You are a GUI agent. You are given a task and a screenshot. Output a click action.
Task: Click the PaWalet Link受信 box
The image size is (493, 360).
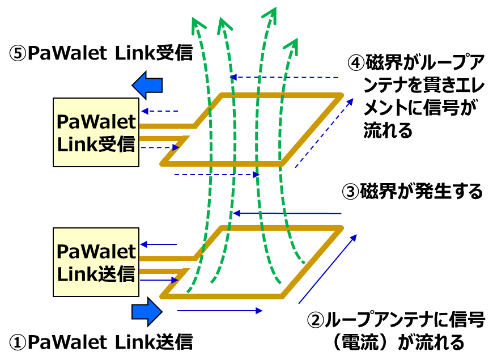pyautogui.click(x=96, y=132)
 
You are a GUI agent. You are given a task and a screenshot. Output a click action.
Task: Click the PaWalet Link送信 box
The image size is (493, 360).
pyautogui.click(x=96, y=262)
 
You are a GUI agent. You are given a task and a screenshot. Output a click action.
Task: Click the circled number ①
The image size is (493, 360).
pyautogui.click(x=18, y=342)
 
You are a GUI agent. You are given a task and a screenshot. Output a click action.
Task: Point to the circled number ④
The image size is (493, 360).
pyautogui.click(x=356, y=61)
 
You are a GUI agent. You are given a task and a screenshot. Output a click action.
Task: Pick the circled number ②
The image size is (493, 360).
pyautogui.click(x=316, y=321)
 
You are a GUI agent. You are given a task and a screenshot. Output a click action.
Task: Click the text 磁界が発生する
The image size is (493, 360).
pyautogui.click(x=422, y=192)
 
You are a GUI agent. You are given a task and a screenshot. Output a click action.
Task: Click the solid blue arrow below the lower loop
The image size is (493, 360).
pyautogui.click(x=220, y=311)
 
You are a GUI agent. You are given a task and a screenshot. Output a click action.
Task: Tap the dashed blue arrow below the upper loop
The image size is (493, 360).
pyautogui.click(x=216, y=175)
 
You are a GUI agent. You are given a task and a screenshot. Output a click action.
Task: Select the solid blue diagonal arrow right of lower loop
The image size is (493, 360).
pyautogui.click(x=328, y=268)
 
